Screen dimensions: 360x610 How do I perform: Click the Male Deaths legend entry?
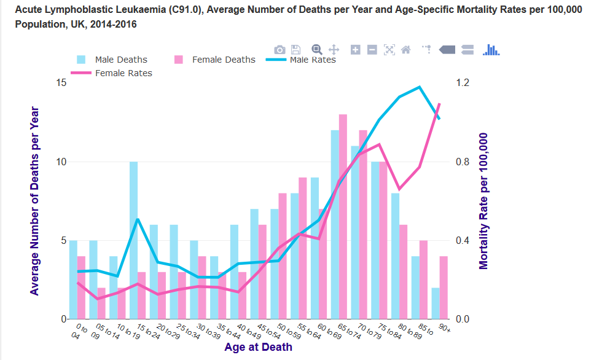point(120,60)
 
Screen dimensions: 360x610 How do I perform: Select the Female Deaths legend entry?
point(223,60)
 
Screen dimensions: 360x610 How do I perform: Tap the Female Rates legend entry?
point(123,73)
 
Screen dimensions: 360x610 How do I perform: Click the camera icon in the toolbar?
point(280,50)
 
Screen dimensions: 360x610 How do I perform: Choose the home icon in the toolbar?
point(405,50)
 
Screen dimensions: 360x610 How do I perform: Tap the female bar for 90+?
point(444,288)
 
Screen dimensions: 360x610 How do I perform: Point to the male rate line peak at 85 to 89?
point(420,87)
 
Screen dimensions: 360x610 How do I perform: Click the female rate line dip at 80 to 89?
point(399,189)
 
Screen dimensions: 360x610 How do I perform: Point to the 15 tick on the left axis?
point(61,83)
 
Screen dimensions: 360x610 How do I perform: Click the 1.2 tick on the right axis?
point(462,83)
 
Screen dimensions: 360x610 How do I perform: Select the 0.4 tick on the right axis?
point(462,240)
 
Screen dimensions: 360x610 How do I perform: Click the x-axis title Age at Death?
point(258,347)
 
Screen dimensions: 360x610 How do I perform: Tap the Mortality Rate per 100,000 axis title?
point(483,201)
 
